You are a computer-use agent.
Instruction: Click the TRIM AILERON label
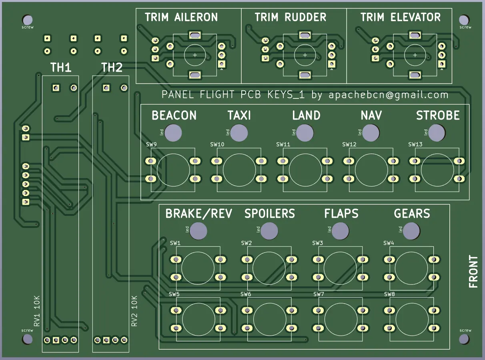point(181,17)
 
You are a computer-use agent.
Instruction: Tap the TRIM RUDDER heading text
point(291,17)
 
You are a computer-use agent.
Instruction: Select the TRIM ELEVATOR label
point(401,17)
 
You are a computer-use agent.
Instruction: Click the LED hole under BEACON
point(174,132)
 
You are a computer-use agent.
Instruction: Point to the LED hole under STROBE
point(437,132)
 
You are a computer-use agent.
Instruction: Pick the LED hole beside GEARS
point(411,230)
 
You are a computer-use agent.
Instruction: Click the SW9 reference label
point(152,144)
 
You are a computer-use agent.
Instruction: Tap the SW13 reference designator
point(415,144)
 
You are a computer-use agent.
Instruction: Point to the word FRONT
point(473,272)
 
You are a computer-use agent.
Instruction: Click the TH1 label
point(61,68)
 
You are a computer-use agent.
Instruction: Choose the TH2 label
point(112,68)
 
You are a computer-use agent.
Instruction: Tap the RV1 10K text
point(37,311)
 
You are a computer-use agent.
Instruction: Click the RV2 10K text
point(134,311)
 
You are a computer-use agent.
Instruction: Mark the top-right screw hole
point(464,20)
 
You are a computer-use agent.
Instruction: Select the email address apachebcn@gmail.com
point(388,95)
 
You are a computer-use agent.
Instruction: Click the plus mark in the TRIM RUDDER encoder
point(305,55)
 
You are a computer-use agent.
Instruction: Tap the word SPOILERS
point(270,214)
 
